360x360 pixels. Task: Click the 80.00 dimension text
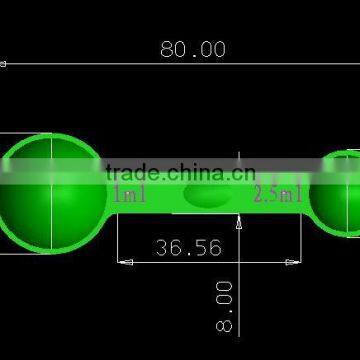pyautogui.click(x=193, y=49)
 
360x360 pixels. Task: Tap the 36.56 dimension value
pyautogui.click(x=189, y=247)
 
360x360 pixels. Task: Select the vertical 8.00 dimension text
pyautogui.click(x=224, y=306)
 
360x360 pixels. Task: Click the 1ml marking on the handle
pyautogui.click(x=130, y=194)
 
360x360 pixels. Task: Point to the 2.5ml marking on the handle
pyautogui.click(x=277, y=193)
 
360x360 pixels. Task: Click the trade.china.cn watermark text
pyautogui.click(x=181, y=172)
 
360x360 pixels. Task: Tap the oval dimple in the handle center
pyautogui.click(x=208, y=195)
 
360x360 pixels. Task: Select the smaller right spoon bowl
pyautogui.click(x=337, y=193)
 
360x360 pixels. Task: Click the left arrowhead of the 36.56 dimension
pyautogui.click(x=126, y=262)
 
